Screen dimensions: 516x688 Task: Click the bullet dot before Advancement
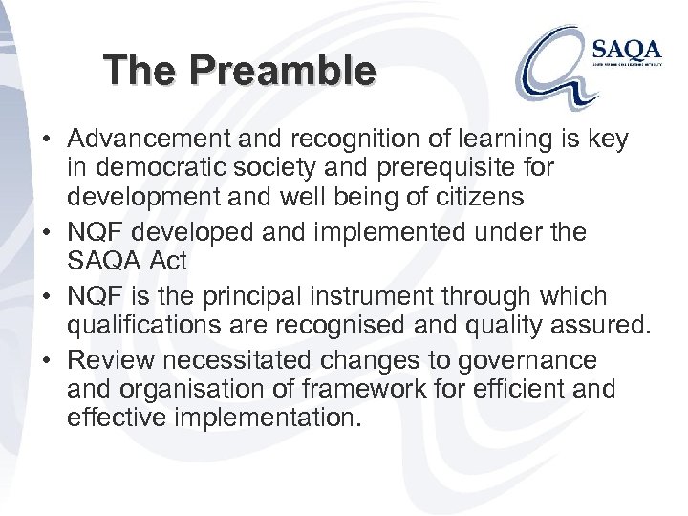click(47, 140)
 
